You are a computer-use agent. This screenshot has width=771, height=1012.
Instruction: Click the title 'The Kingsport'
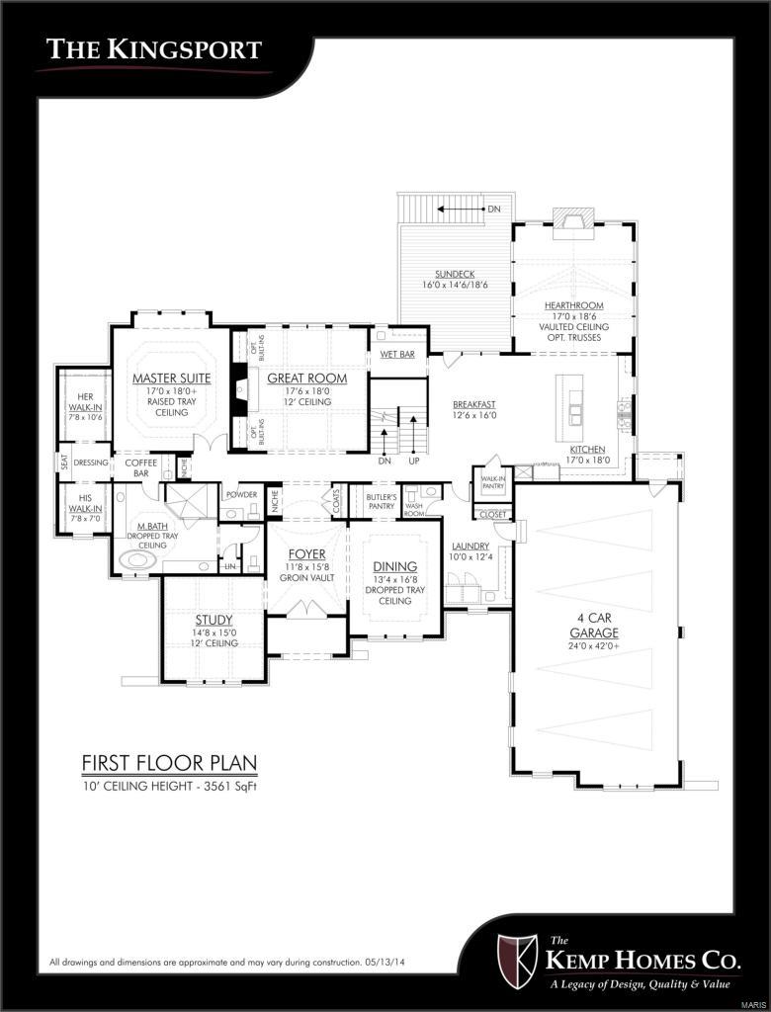pyautogui.click(x=155, y=48)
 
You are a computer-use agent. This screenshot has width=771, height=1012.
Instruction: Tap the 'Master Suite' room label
pyautogui.click(x=171, y=379)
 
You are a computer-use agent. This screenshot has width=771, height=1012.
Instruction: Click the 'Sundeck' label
pyautogui.click(x=456, y=274)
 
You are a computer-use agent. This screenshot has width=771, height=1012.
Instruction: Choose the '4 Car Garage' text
pyautogui.click(x=598, y=626)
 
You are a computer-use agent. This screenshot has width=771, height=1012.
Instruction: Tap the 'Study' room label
pyautogui.click(x=214, y=620)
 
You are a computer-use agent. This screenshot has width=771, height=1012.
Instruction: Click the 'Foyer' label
pyautogui.click(x=306, y=553)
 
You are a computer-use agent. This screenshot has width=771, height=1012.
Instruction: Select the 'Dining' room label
pyautogui.click(x=393, y=566)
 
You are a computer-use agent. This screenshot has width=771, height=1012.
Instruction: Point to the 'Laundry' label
pyautogui.click(x=471, y=547)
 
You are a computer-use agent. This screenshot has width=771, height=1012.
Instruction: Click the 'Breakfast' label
pyautogui.click(x=473, y=404)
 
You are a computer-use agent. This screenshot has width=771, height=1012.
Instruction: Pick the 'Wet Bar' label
pyautogui.click(x=397, y=354)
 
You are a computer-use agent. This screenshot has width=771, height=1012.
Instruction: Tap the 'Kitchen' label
pyautogui.click(x=586, y=449)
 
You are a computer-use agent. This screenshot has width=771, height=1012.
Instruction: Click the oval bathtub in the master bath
pyautogui.click(x=137, y=562)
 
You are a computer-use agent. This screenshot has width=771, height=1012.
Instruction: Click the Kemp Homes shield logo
pyautogui.click(x=515, y=958)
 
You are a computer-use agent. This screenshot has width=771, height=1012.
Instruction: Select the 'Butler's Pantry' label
pyautogui.click(x=381, y=500)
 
